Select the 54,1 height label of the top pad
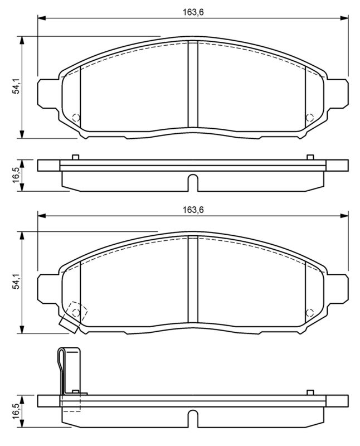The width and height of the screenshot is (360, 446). (x=17, y=87)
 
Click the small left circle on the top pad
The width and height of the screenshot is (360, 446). (x=76, y=118)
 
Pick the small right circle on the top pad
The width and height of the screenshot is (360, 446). (x=310, y=118)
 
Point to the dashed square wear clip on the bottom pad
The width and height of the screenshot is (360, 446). (x=75, y=312)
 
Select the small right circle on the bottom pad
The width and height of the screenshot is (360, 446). (x=310, y=313)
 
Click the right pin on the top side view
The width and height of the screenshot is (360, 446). (x=310, y=157)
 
